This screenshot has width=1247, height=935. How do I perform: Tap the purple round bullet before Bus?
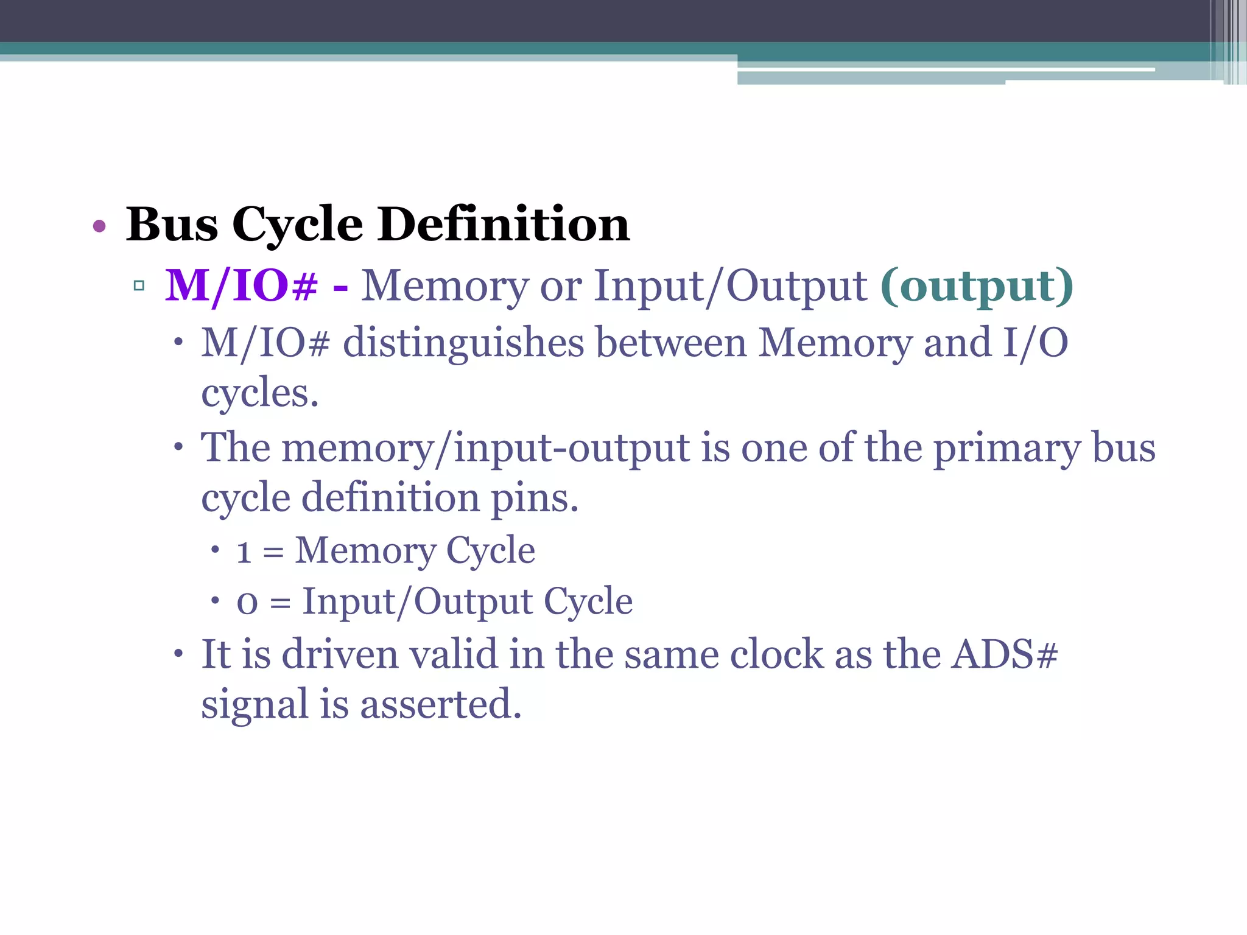coord(99,227)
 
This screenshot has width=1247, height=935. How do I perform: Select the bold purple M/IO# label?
coord(242,285)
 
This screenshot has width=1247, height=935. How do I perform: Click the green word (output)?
coord(977,285)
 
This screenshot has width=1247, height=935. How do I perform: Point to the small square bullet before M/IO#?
coord(139,285)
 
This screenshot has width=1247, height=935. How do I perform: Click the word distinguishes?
coord(463,343)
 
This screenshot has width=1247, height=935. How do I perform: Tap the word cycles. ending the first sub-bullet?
coord(260,393)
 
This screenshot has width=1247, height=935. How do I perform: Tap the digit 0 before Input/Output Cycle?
coord(247,603)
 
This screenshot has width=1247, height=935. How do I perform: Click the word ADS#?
coord(1005,654)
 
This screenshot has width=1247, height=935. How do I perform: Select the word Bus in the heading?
coord(172,225)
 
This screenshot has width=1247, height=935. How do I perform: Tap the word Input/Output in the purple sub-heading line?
coord(730,285)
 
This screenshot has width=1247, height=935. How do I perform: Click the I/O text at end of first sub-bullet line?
coord(1036,343)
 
